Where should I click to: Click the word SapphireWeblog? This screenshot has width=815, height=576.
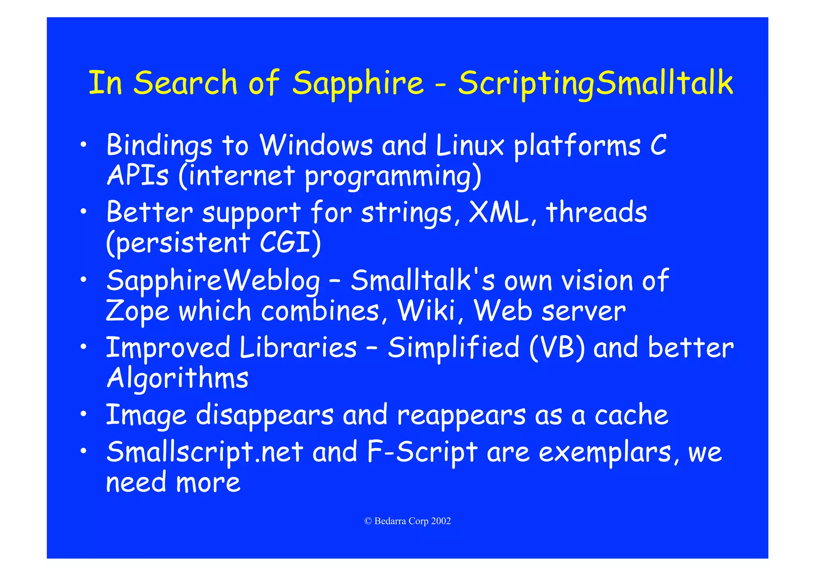[x=213, y=281]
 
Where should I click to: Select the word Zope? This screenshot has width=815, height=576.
[x=138, y=311]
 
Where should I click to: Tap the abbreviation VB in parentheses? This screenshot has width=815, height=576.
[x=557, y=347]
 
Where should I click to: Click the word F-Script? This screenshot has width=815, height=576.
[x=422, y=452]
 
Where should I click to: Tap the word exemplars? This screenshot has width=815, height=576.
[x=605, y=452]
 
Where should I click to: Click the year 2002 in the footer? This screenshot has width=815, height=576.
[x=441, y=521]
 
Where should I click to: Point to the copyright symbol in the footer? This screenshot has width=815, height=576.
[x=368, y=521]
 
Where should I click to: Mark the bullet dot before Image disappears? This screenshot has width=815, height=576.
[x=83, y=415]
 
